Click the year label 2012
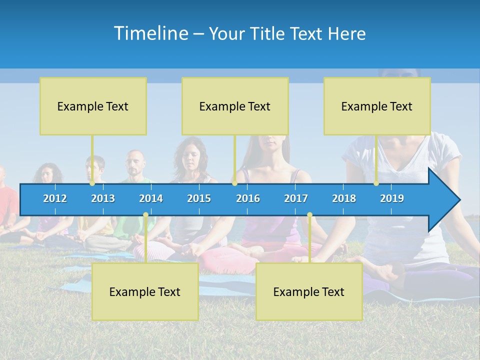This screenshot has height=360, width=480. [55, 198]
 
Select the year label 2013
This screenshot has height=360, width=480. [103, 198]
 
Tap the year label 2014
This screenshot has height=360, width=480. [151, 198]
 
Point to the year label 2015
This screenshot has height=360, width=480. [199, 198]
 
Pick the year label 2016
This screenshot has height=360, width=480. [248, 198]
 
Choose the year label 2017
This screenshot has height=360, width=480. [296, 198]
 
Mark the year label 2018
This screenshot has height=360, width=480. [344, 198]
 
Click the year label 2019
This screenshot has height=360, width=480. [392, 198]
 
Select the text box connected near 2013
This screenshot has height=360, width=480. [93, 106]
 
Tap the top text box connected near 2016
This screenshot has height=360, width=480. [235, 106]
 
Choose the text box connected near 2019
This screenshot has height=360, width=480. [377, 106]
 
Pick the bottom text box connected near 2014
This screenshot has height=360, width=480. [145, 291]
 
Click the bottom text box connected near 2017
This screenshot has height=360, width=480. [309, 291]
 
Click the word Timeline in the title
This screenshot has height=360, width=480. [150, 33]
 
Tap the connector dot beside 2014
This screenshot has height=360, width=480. [145, 215]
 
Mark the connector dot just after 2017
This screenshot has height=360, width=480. [309, 215]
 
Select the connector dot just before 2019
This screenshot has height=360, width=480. [376, 183]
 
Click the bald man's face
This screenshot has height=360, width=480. [134, 165]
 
